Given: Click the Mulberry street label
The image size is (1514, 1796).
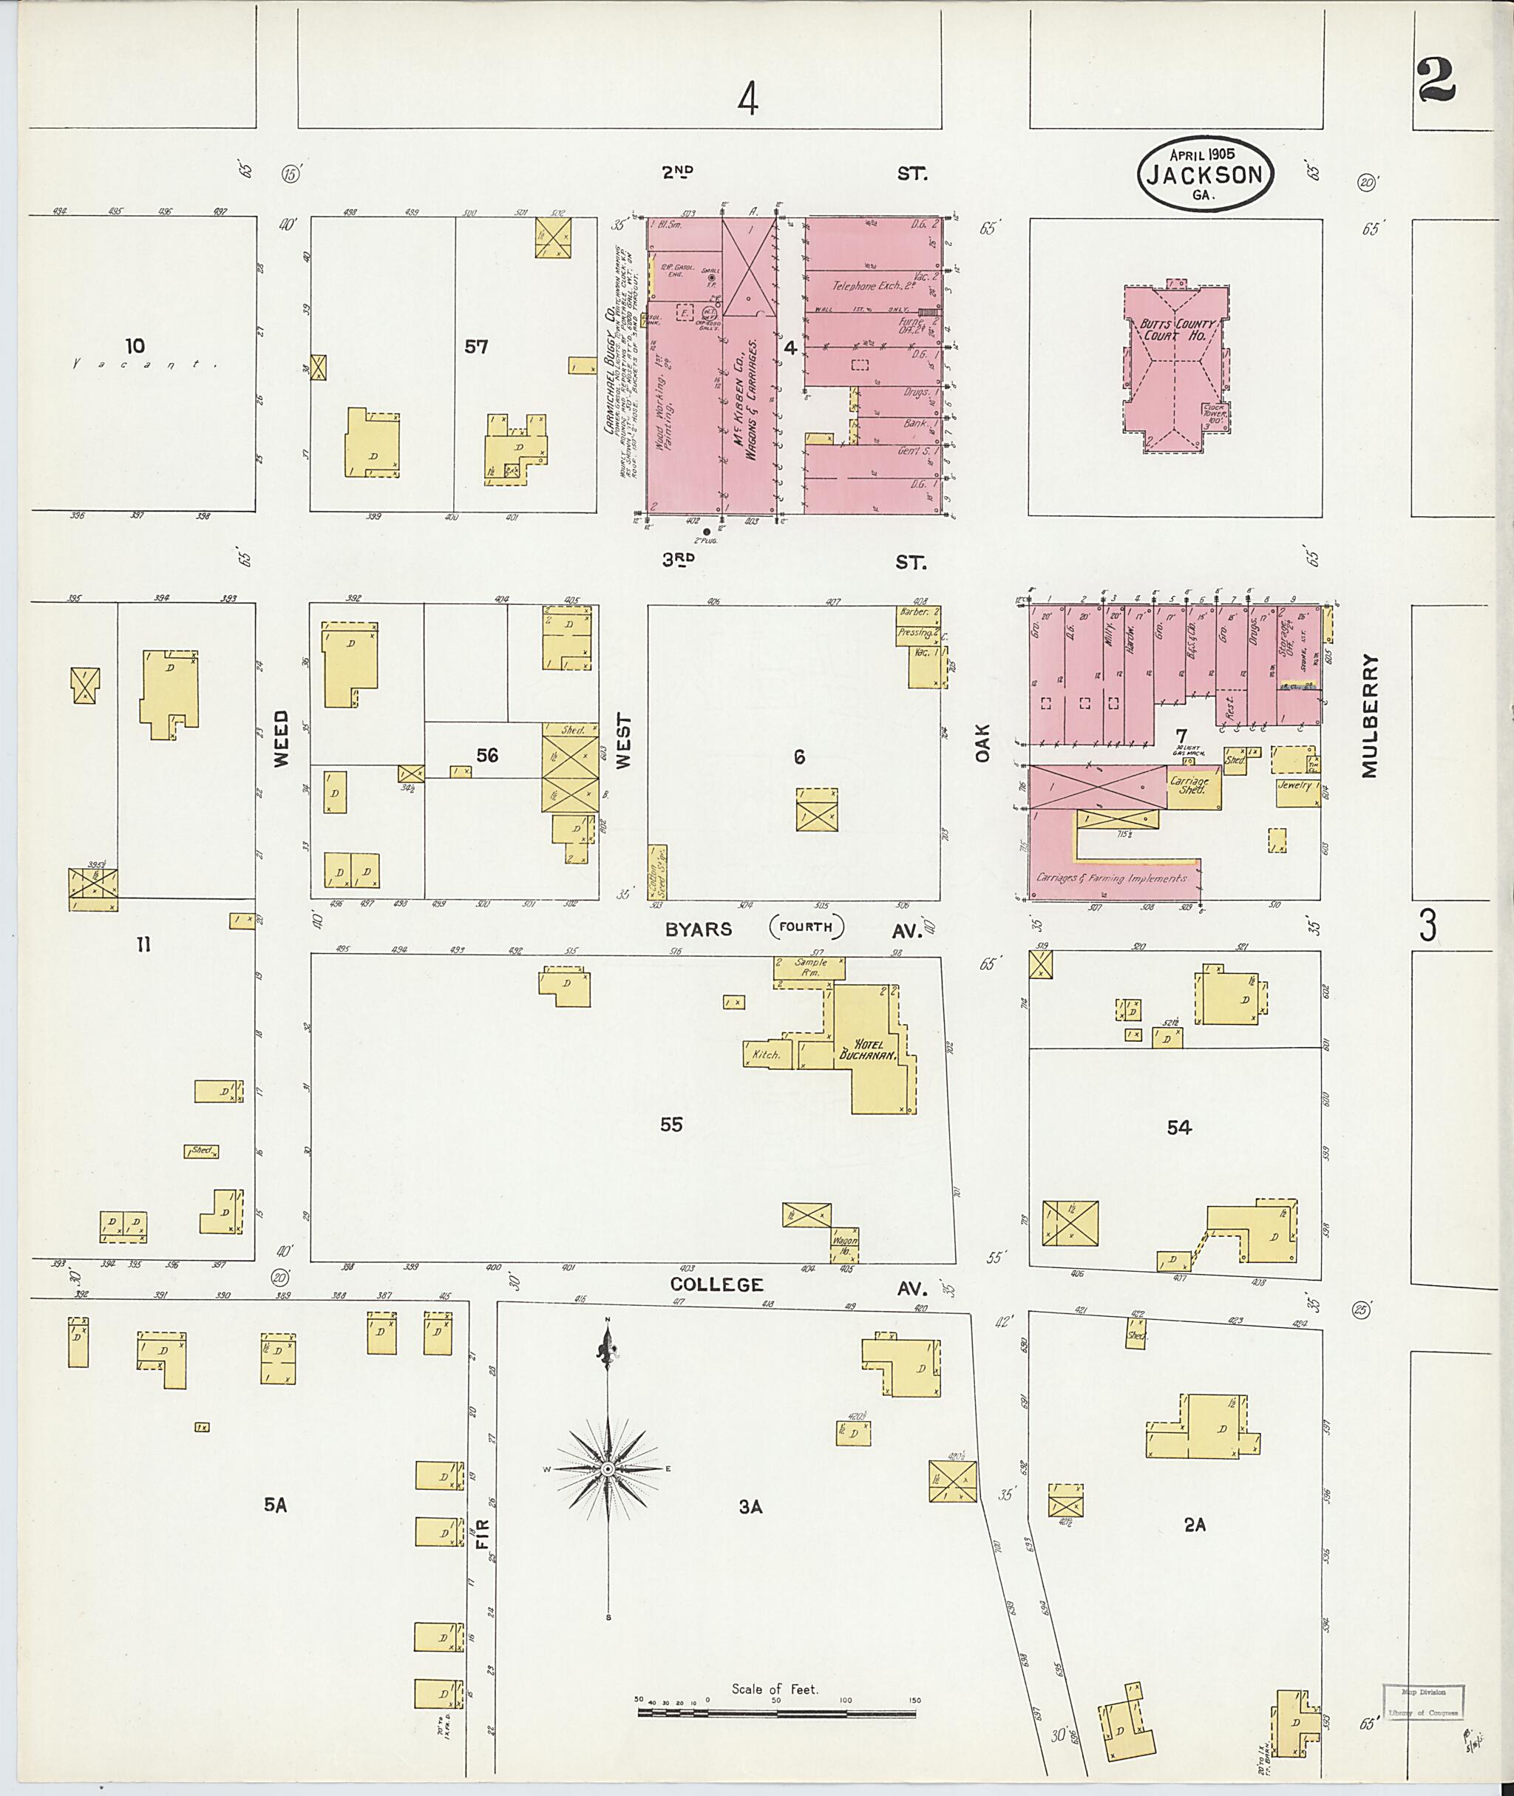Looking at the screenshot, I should (x=1368, y=717).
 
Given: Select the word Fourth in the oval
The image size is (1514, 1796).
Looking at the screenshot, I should (x=806, y=927).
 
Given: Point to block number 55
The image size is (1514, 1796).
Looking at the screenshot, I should (x=671, y=1125).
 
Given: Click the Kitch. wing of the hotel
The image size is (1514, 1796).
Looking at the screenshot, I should (x=766, y=1054).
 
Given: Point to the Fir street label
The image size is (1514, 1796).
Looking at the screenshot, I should (x=481, y=1536).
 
